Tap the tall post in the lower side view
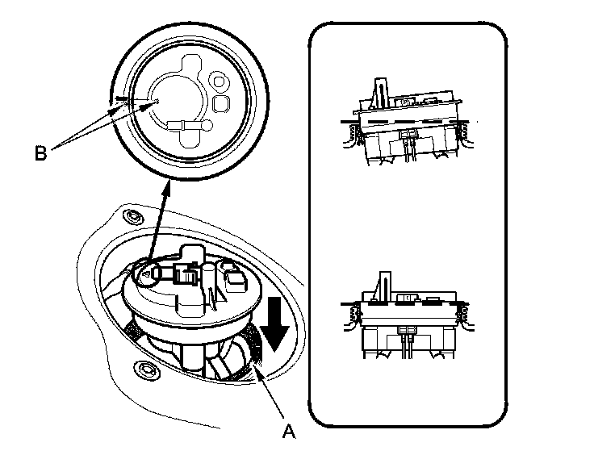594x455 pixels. point(384,286)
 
